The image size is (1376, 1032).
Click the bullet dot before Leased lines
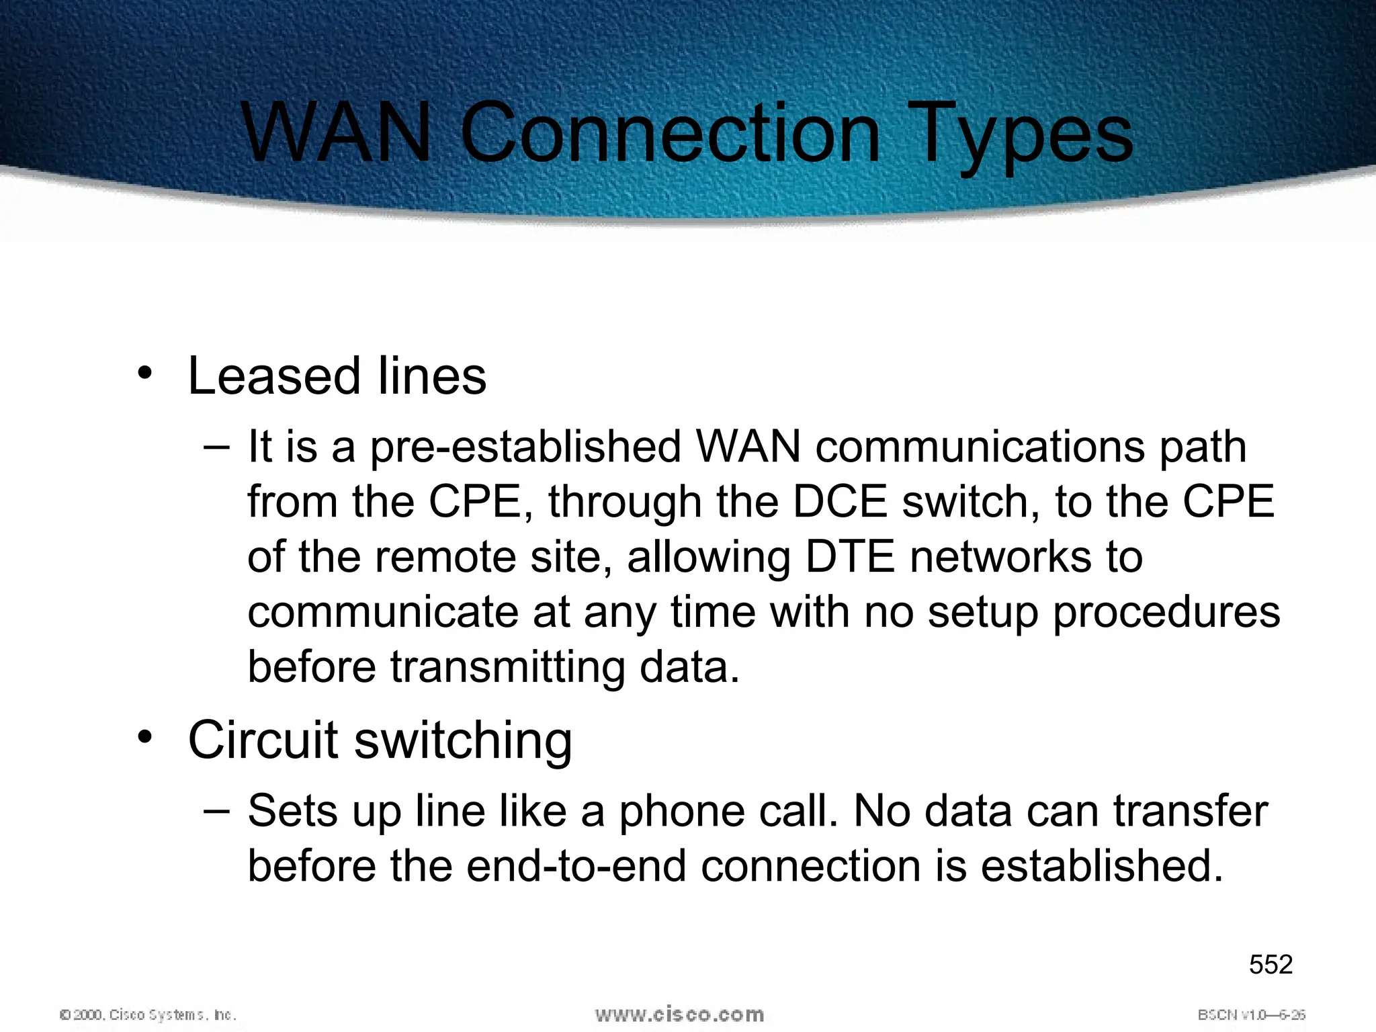click(x=144, y=374)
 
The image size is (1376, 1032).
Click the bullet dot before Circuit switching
click(x=144, y=737)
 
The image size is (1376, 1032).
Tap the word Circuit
click(x=263, y=740)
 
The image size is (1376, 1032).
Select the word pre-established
click(x=526, y=447)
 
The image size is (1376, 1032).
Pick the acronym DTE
click(x=850, y=557)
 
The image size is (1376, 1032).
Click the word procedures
click(x=1166, y=613)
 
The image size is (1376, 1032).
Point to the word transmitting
click(x=507, y=667)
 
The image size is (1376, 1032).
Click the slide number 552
click(x=1271, y=965)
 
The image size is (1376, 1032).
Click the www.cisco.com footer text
click(x=679, y=1014)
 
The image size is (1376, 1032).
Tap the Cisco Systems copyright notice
click(x=148, y=1015)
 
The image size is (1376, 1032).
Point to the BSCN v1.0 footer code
click(x=1252, y=1015)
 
